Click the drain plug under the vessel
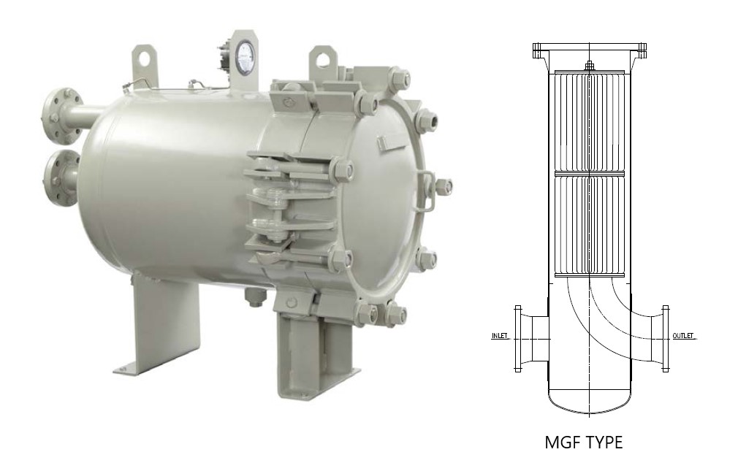(254, 296)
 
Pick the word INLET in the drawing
(499, 336)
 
